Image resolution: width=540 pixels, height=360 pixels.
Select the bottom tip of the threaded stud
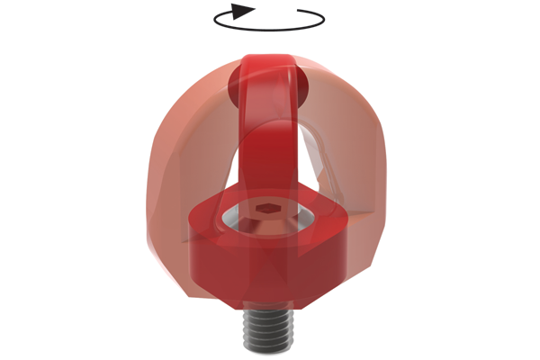click(268, 348)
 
